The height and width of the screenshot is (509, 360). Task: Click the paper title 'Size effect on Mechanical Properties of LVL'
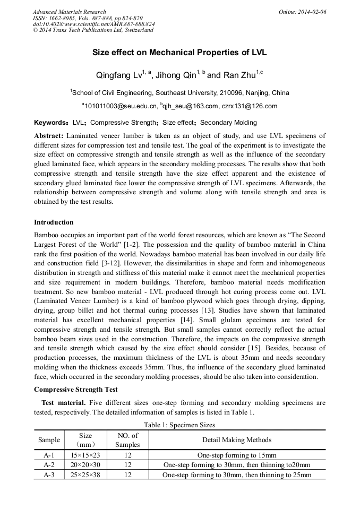tap(179, 53)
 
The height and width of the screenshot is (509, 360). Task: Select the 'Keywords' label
tap(50, 123)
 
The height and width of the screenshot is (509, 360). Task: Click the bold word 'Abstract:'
tap(49, 135)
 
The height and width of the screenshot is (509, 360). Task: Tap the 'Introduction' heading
tap(54, 222)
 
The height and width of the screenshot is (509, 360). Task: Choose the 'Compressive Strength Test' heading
tap(75, 390)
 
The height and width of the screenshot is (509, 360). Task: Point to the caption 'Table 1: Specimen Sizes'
tap(179, 425)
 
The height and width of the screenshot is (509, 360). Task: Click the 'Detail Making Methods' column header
tap(237, 440)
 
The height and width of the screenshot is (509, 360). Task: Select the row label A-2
tap(49, 465)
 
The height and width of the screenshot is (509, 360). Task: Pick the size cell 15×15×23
tap(85, 455)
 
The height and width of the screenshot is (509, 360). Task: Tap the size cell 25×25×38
tap(85, 475)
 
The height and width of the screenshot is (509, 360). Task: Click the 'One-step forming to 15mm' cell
tap(237, 455)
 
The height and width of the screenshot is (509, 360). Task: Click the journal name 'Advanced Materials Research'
tap(69, 12)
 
